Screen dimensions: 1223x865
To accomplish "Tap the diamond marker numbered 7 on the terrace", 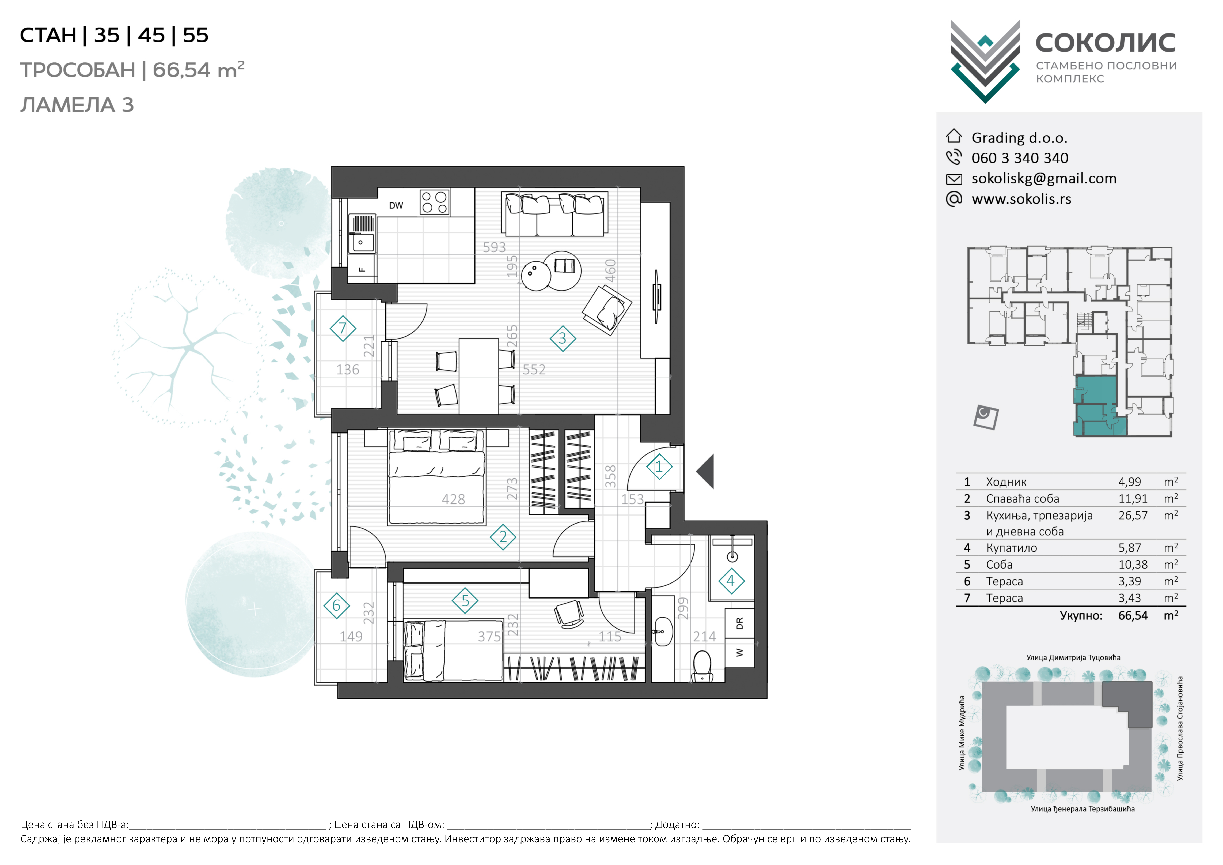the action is click(x=343, y=328).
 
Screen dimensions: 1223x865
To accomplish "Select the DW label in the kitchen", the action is click(x=396, y=206).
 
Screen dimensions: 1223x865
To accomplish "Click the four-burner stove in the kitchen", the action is click(x=435, y=202).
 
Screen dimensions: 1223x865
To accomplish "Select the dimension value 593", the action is click(x=494, y=247).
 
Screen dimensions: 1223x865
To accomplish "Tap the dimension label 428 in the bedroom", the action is click(x=453, y=499).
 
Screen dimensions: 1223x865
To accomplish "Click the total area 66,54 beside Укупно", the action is click(x=1133, y=616).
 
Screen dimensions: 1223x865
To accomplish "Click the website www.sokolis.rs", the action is click(x=1021, y=199).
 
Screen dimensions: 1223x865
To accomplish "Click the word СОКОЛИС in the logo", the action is click(x=1105, y=43).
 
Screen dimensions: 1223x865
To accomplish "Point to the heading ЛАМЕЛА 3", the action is click(x=77, y=105).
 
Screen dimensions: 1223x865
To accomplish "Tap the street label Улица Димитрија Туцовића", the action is click(x=1073, y=658).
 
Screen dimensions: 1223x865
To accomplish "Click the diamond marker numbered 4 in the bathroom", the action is click(x=731, y=581).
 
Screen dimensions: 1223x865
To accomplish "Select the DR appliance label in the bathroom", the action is click(x=739, y=623).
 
